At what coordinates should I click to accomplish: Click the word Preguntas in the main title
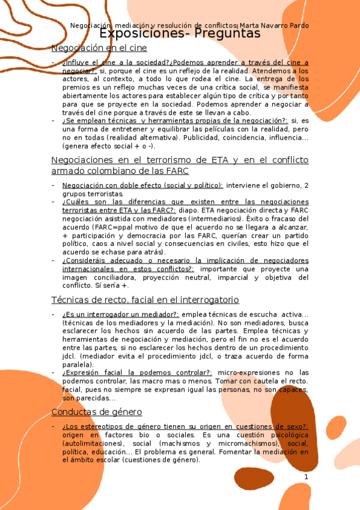click(225, 34)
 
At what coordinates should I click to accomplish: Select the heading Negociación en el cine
click(99, 48)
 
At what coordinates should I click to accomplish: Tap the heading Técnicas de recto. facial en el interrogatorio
click(145, 300)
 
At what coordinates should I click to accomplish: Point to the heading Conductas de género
click(97, 412)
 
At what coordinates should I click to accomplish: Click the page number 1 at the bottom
click(306, 477)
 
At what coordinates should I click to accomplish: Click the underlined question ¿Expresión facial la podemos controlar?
click(136, 373)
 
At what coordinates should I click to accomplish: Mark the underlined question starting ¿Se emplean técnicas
click(174, 120)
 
